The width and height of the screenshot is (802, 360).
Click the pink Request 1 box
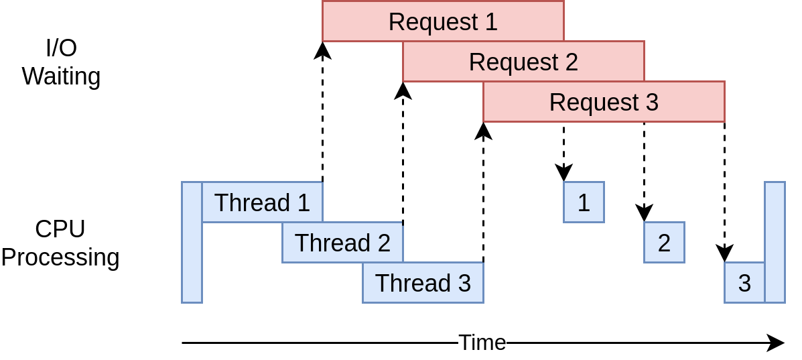pyautogui.click(x=443, y=21)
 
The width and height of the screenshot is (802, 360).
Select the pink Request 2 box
pyautogui.click(x=523, y=62)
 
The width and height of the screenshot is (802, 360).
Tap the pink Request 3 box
pyautogui.click(x=604, y=102)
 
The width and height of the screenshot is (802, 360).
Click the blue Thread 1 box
pyautogui.click(x=262, y=202)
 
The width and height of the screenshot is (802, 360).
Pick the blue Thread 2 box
pyautogui.click(x=342, y=243)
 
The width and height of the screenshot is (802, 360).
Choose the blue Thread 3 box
pyautogui.click(x=423, y=283)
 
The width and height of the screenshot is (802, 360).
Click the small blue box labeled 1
pyautogui.click(x=584, y=202)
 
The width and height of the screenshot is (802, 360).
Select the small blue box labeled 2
pyautogui.click(x=664, y=243)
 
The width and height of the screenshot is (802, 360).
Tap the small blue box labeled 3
pyautogui.click(x=744, y=283)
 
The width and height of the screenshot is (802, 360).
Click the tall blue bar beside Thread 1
pyautogui.click(x=192, y=243)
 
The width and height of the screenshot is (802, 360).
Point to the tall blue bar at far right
pyautogui.click(x=775, y=243)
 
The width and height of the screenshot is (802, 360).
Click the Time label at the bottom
pyautogui.click(x=482, y=343)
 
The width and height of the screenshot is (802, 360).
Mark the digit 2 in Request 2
pyautogui.click(x=571, y=62)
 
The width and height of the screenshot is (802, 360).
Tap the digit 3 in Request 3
pyautogui.click(x=651, y=103)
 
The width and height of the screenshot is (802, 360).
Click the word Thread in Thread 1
pyautogui.click(x=252, y=203)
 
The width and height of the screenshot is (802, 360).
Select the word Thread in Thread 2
pyautogui.click(x=332, y=243)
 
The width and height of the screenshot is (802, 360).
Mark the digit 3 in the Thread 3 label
pyautogui.click(x=464, y=284)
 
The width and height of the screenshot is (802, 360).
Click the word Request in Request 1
pyautogui.click(x=433, y=22)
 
